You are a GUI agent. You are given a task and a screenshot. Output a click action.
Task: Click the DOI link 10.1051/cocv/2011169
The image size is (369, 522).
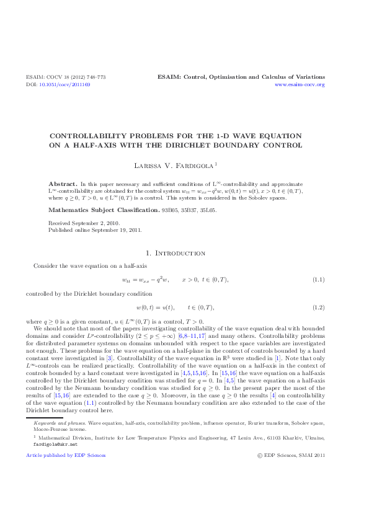tap(64, 84)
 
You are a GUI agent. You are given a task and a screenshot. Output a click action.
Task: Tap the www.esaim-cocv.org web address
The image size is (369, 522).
tap(300, 84)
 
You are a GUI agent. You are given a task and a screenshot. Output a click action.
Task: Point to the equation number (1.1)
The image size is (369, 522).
tap(318, 280)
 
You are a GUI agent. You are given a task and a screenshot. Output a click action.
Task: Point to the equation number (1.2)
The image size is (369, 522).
tap(318, 307)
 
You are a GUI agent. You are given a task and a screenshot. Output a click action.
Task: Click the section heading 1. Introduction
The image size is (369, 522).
tap(184, 254)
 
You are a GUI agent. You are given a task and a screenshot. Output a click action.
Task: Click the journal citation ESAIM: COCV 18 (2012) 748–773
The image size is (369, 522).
tap(66, 77)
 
